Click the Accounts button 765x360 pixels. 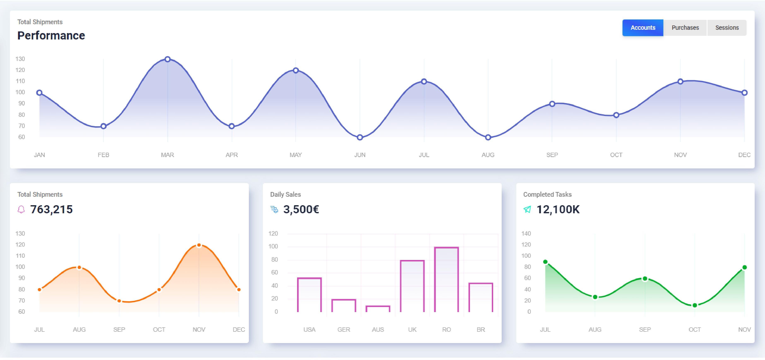[x=643, y=28]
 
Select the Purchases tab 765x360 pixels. [x=685, y=28]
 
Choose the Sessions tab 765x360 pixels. [x=727, y=28]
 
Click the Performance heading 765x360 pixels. [x=51, y=36]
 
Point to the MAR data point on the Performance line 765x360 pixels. [x=168, y=59]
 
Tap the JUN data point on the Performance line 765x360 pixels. [x=360, y=137]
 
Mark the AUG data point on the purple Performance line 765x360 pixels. [x=488, y=137]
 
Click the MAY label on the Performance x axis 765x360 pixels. [x=295, y=155]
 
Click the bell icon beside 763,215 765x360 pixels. [x=21, y=210]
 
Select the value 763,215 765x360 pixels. [x=51, y=210]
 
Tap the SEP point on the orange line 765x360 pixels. [x=119, y=301]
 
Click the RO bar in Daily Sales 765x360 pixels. [x=446, y=279]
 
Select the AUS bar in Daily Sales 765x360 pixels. [x=378, y=309]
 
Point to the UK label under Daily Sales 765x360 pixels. [x=412, y=329]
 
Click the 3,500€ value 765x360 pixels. [x=301, y=210]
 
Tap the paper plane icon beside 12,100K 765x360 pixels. [x=527, y=210]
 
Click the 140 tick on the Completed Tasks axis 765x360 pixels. [x=526, y=234]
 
